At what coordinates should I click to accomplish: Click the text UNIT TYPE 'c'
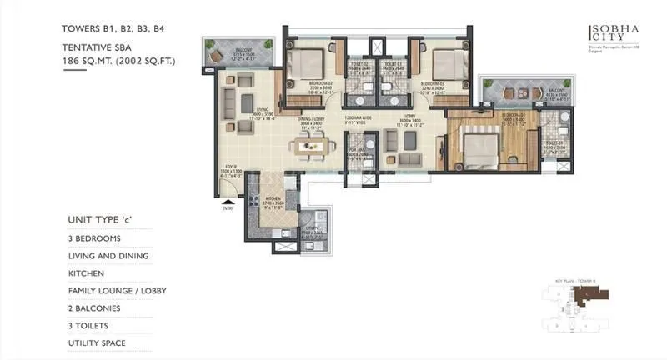pos(101,220)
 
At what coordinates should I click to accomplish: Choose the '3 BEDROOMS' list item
pos(94,238)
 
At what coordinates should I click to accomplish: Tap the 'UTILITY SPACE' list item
pos(96,343)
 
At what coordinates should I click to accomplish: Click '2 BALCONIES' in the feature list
pos(95,308)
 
